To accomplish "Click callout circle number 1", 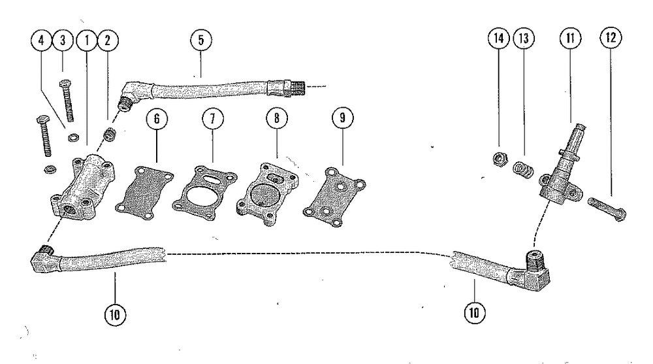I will tap(86, 39).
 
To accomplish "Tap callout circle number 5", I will tap(200, 39).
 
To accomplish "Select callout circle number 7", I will tap(213, 119).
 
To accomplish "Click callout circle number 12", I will tap(609, 39).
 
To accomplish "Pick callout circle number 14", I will tap(499, 39).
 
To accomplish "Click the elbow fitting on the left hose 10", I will tap(44, 259).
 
